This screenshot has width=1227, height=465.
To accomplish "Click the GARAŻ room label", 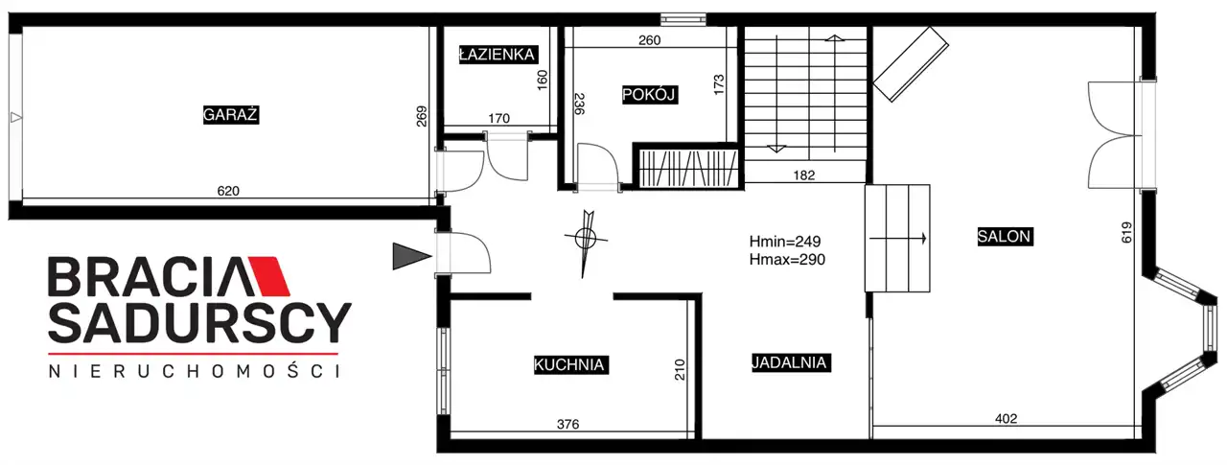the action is [231, 115].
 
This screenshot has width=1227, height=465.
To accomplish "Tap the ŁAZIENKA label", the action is [498, 55].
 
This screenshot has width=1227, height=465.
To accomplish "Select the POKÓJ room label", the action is [649, 95].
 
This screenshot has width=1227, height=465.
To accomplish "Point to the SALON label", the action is [1005, 236].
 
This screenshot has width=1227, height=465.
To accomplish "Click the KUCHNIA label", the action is [569, 364].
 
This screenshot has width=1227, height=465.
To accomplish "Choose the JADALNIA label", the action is [791, 362].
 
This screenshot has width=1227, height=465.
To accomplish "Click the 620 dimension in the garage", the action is [228, 191].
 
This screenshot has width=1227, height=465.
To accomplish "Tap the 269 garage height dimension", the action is [421, 116].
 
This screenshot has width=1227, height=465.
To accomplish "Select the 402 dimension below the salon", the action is [1006, 419].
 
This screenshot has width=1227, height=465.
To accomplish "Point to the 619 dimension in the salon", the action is [1126, 232].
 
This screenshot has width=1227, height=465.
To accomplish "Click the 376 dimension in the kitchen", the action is [568, 424].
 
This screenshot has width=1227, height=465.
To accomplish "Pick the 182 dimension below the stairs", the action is [804, 175].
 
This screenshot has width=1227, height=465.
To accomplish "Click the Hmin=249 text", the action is [785, 241].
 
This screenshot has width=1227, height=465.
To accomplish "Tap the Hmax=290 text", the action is [787, 259].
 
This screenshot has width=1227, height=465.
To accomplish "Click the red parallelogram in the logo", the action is [269, 276].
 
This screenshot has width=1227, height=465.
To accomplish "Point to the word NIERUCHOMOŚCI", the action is [194, 371].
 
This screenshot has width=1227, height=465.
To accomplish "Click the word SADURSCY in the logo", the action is [199, 322].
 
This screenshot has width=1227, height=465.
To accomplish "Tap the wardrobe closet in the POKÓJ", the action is [688, 167].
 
